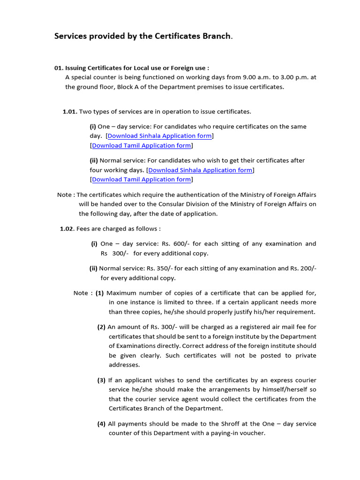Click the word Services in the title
point(72,36)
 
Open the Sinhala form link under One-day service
point(160,136)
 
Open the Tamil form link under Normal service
point(142,180)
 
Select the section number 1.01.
point(70,112)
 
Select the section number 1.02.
point(67,229)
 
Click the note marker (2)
point(101,327)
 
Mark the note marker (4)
point(101,424)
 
